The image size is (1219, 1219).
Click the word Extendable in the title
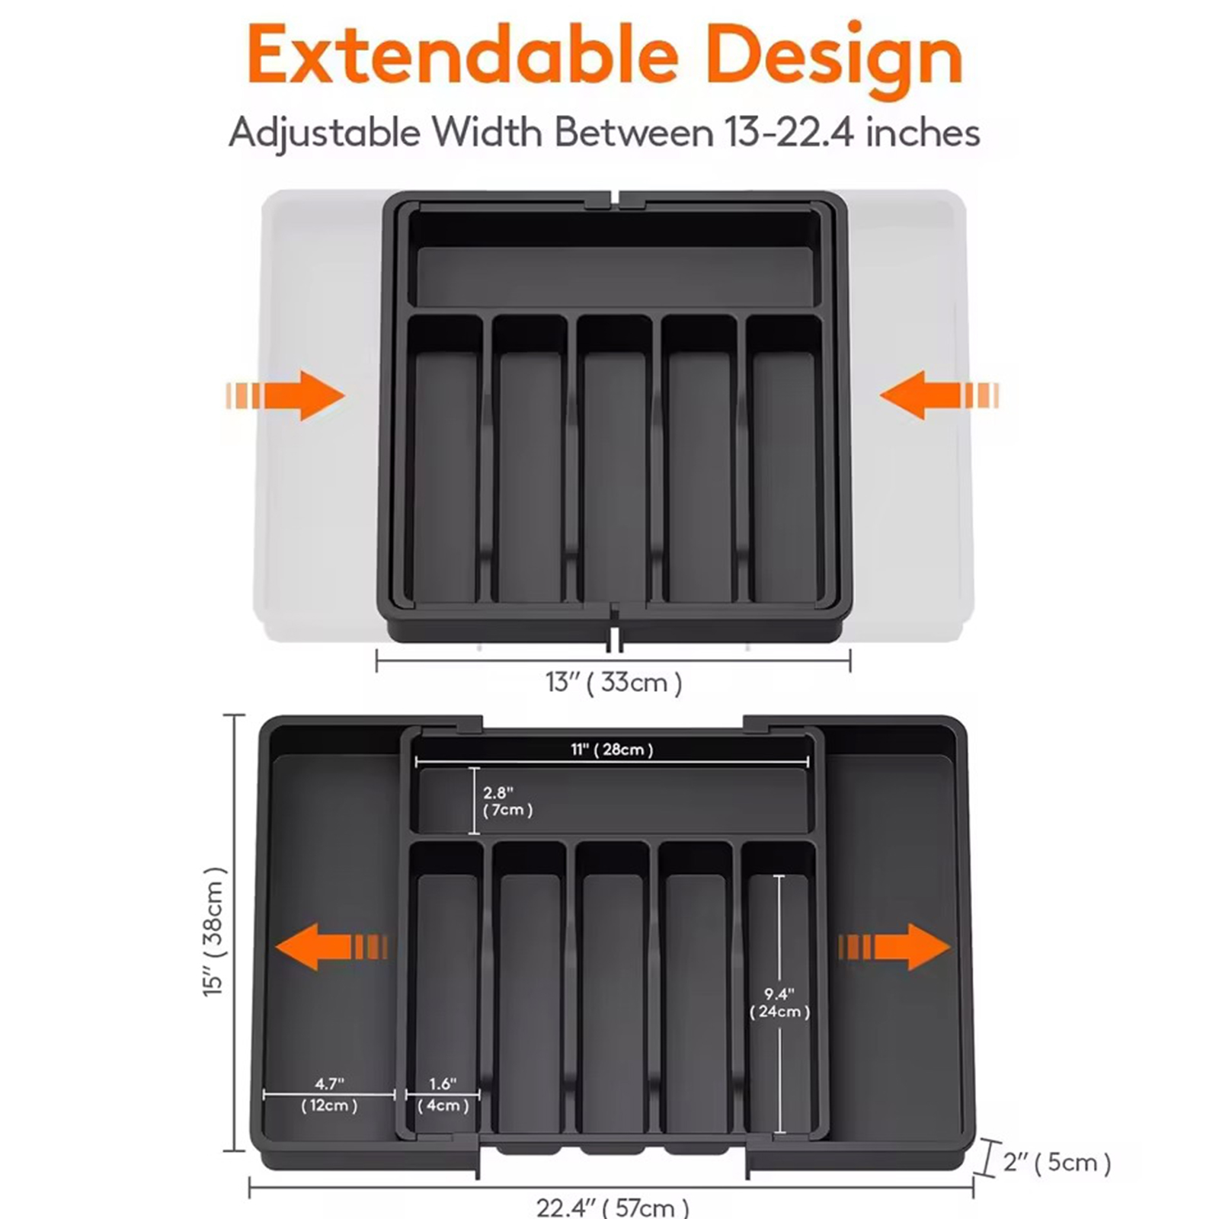463,56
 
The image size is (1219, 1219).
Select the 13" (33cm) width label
613,682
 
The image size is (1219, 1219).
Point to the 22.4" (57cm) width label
613,1207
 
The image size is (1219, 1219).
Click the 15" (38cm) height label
216,931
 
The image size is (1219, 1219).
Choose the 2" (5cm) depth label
1057,1162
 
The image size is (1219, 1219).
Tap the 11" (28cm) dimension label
612,750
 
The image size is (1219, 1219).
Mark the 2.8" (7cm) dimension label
507,801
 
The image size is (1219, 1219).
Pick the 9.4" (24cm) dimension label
779,1003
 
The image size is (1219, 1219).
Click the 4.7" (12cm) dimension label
329,1095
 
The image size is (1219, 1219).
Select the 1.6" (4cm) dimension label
443,1095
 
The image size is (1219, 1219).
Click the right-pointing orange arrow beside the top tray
285,395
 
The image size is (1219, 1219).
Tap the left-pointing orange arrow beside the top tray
939,395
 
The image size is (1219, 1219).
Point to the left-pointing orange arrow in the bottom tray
331,947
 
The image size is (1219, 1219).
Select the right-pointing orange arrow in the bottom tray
894,947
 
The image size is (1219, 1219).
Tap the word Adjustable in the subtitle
325,133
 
